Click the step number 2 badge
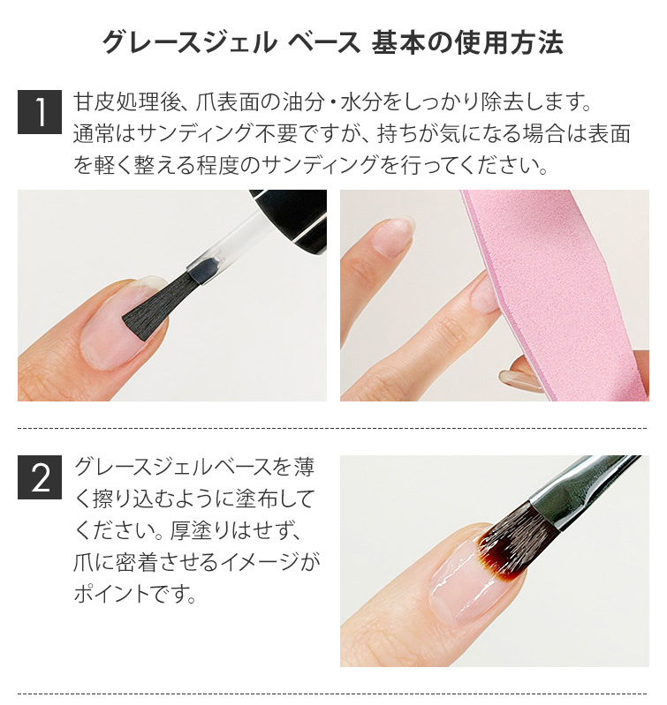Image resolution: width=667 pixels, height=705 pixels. pos(40,477)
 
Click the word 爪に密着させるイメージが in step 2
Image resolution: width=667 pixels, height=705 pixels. pos(197,562)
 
